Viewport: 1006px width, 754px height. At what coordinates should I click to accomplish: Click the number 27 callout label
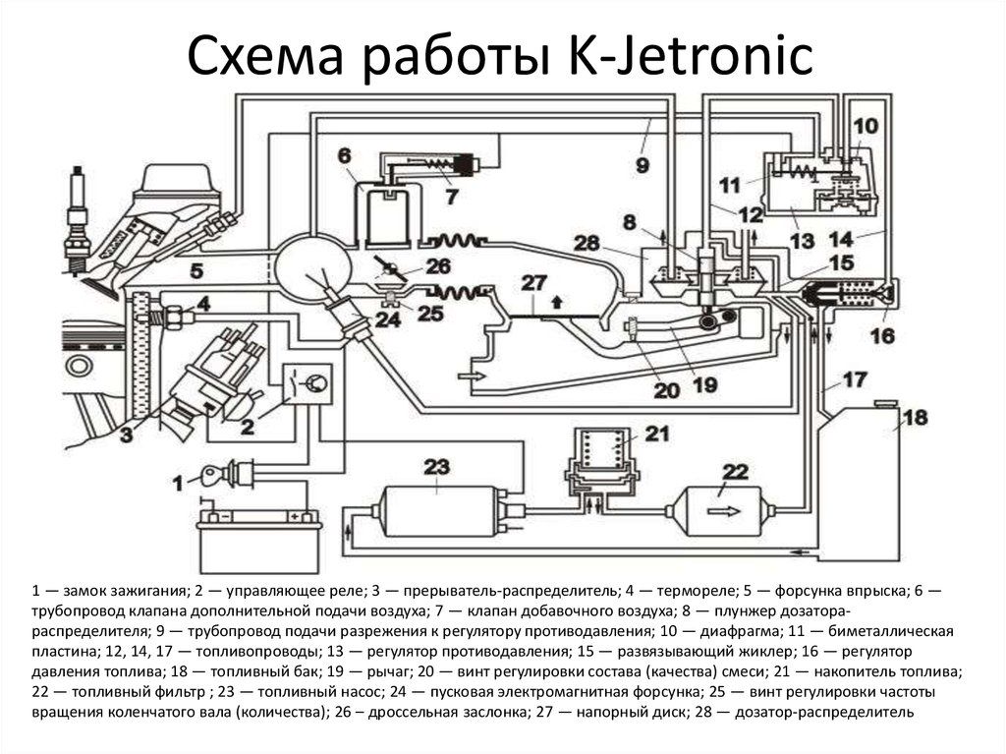[532, 282]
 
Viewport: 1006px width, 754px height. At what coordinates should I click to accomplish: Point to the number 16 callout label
[881, 335]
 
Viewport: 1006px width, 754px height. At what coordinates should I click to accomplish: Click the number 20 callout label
[666, 390]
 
